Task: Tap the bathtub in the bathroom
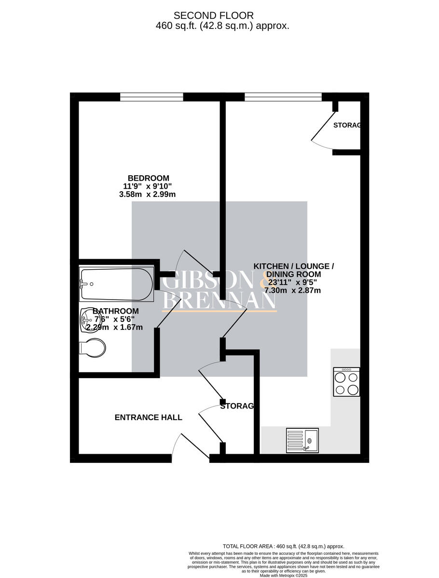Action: click(116, 284)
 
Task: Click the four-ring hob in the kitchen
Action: click(346, 382)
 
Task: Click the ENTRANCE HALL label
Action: click(148, 418)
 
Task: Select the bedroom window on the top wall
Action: click(151, 97)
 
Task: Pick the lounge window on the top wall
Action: click(283, 97)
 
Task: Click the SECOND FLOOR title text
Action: click(213, 16)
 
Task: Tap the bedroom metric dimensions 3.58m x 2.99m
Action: click(147, 195)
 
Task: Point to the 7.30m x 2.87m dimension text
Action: click(292, 290)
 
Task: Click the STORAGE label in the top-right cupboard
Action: click(347, 125)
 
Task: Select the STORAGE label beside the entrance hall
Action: click(236, 407)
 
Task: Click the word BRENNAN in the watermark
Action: click(219, 300)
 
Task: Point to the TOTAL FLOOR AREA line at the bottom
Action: click(283, 546)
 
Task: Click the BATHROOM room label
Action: click(116, 311)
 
